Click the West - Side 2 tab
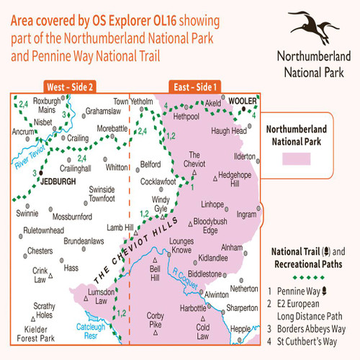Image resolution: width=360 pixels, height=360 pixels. pyautogui.click(x=69, y=87)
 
